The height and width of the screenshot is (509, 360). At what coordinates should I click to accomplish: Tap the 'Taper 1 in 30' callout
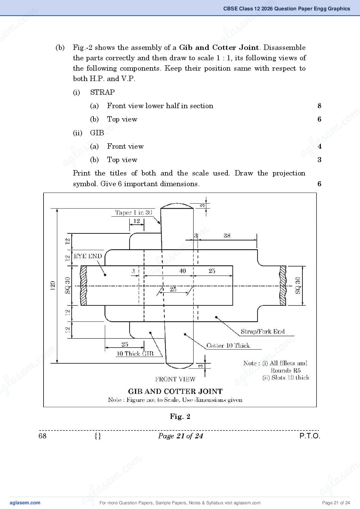click(x=133, y=212)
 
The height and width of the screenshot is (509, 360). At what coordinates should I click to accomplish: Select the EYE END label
click(x=88, y=256)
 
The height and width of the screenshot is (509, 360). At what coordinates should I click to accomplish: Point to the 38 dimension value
click(x=227, y=236)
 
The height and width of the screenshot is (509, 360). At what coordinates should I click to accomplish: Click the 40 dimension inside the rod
click(x=183, y=271)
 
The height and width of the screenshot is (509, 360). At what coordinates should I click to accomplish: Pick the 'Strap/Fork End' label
click(x=263, y=332)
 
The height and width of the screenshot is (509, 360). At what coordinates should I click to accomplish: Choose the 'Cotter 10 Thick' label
click(x=228, y=346)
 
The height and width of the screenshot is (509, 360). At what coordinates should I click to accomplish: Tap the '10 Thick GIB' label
click(x=135, y=354)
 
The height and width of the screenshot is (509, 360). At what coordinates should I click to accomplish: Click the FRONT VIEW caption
click(x=175, y=379)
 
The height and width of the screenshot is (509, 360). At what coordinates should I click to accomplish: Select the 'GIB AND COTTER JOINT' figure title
click(x=175, y=391)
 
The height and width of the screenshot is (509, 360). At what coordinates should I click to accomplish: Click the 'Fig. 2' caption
click(x=180, y=417)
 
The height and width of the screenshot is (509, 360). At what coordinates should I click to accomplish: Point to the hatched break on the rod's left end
click(x=84, y=285)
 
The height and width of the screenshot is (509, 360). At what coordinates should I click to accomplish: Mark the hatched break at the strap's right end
click(x=283, y=285)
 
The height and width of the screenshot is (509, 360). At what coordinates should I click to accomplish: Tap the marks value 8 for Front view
click(x=319, y=106)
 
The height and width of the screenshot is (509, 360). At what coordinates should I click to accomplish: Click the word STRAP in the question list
click(x=102, y=92)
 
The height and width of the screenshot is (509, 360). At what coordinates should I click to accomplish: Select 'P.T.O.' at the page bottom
click(x=310, y=436)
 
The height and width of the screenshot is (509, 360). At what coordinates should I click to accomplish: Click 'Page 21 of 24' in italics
click(x=181, y=436)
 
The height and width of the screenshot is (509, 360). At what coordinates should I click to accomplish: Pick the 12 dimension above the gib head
click(x=137, y=221)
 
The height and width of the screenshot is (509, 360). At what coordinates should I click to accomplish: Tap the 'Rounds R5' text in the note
click(x=286, y=371)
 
